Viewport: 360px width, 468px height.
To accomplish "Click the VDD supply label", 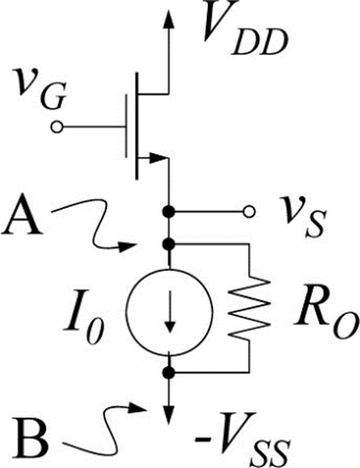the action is pos(244,30).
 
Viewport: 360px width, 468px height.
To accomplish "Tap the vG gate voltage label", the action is pos(41,89).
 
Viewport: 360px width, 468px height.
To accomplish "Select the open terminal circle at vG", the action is pos(57,128).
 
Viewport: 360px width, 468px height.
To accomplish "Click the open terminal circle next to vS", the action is pos(249,212).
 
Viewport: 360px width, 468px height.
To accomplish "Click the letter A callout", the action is pos(22,217).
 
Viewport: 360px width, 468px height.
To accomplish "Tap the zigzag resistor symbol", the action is pos(249,308).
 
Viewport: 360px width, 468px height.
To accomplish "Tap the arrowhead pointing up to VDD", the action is pos(169,19).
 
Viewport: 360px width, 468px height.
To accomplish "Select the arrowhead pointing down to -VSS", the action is pos(169,415).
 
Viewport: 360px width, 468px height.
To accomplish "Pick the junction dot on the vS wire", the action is pos(168,212).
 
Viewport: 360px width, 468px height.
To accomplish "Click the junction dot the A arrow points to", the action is pos(168,244).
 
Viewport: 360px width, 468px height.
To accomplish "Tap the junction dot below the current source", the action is pos(168,373).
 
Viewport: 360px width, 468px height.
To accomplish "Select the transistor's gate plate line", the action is pos(126,126).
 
